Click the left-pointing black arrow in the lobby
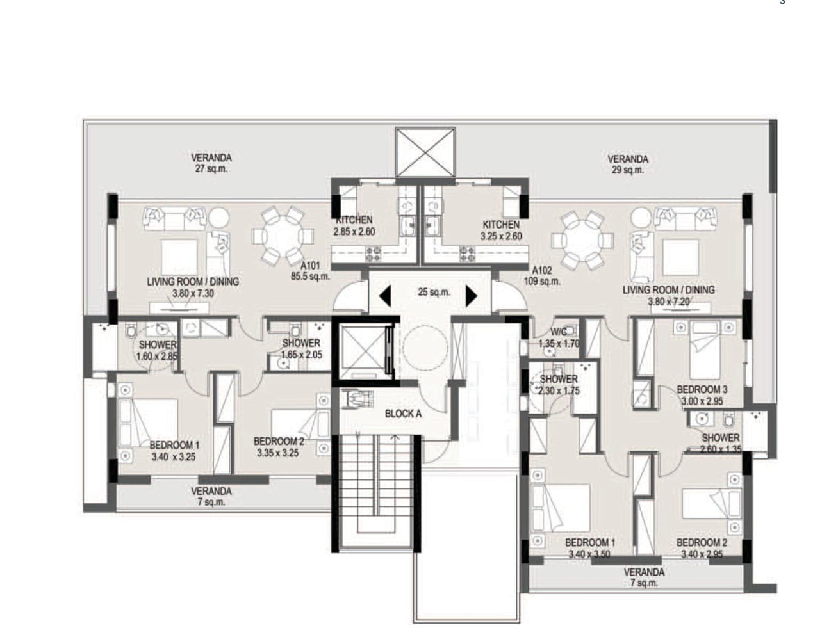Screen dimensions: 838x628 385,295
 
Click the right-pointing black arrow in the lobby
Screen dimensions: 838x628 471,296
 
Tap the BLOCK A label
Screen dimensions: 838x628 403,414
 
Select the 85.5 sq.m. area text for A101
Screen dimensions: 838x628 310,277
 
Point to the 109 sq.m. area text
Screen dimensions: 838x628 542,282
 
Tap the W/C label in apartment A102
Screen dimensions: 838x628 559,332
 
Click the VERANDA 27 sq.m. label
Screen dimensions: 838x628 211,163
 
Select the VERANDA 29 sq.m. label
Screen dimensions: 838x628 628,165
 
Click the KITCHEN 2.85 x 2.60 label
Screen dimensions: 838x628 354,226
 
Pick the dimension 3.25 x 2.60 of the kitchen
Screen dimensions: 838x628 501,236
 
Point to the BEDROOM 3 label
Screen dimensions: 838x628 702,389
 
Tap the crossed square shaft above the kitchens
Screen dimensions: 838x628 425,152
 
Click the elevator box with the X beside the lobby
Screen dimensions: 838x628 363,352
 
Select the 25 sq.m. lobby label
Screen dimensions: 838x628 434,292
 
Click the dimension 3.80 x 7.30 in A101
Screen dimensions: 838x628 193,294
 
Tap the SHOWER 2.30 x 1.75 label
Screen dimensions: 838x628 559,385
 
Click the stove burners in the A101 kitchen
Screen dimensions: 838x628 373,254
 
